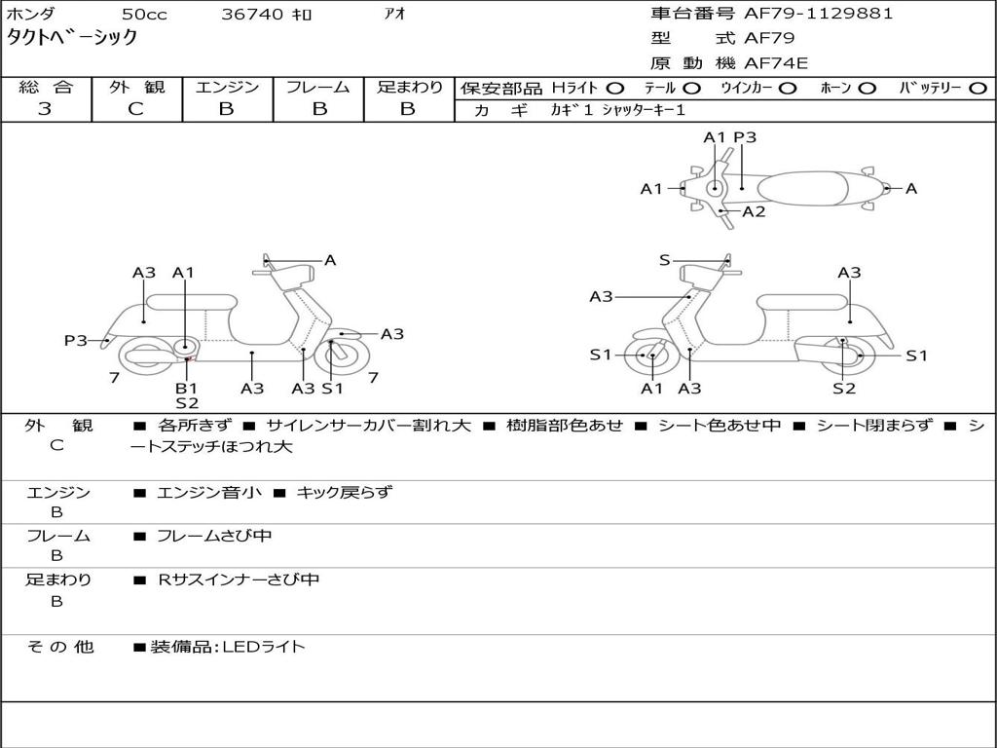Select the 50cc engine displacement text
pyautogui.click(x=143, y=15)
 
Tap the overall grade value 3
pyautogui.click(x=45, y=109)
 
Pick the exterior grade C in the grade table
pyautogui.click(x=135, y=109)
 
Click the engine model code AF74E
pyautogui.click(x=776, y=64)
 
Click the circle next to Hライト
pyautogui.click(x=615, y=89)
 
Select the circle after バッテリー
pyautogui.click(x=979, y=89)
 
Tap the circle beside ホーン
pyautogui.click(x=868, y=89)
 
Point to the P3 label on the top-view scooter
pyautogui.click(x=745, y=137)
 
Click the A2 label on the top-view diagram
pyautogui.click(x=754, y=211)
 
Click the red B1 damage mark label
pyautogui.click(x=186, y=388)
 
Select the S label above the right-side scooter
pyautogui.click(x=665, y=260)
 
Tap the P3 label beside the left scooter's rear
pyautogui.click(x=76, y=340)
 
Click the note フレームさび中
pyautogui.click(x=214, y=536)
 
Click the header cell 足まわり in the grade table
pyautogui.click(x=409, y=88)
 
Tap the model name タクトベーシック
pyautogui.click(x=72, y=38)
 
